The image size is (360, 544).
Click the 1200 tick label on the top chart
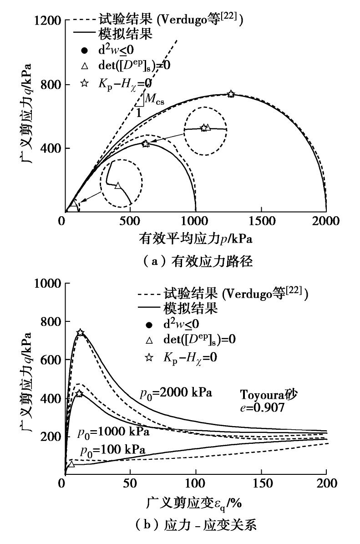point(49,20)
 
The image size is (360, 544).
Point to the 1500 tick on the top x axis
point(261,221)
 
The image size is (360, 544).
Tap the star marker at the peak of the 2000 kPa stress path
point(231,94)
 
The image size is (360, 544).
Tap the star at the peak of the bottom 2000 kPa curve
point(80,333)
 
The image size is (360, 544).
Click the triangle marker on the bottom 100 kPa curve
point(71,464)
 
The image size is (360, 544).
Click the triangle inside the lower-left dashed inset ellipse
point(118,185)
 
